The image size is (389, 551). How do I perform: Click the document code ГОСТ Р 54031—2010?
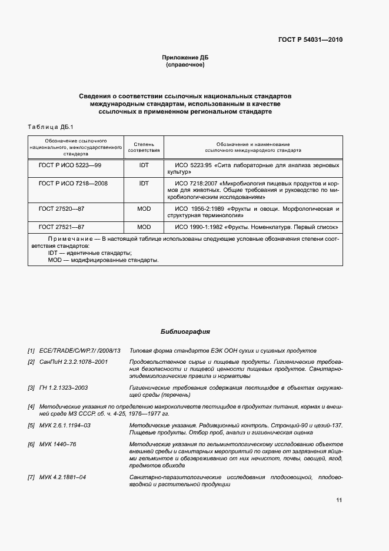click(310, 40)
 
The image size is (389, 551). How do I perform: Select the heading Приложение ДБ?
click(185, 58)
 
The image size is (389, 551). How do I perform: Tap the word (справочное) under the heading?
click(185, 65)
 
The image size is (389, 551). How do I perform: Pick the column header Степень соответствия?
click(144, 147)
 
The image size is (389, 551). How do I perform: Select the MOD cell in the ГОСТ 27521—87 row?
click(144, 227)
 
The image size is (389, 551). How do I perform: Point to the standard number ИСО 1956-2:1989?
click(201, 209)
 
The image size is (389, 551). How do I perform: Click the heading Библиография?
click(185, 331)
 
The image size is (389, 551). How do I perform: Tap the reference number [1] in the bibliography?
click(31, 350)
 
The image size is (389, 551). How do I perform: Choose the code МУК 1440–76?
click(58, 443)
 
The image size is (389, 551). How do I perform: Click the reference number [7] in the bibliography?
click(31, 477)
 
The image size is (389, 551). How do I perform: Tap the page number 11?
click(339, 500)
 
